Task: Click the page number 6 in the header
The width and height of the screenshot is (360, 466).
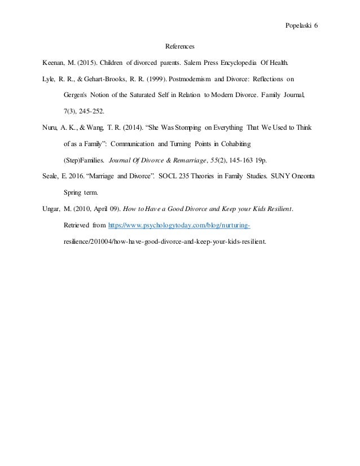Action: click(316, 27)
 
